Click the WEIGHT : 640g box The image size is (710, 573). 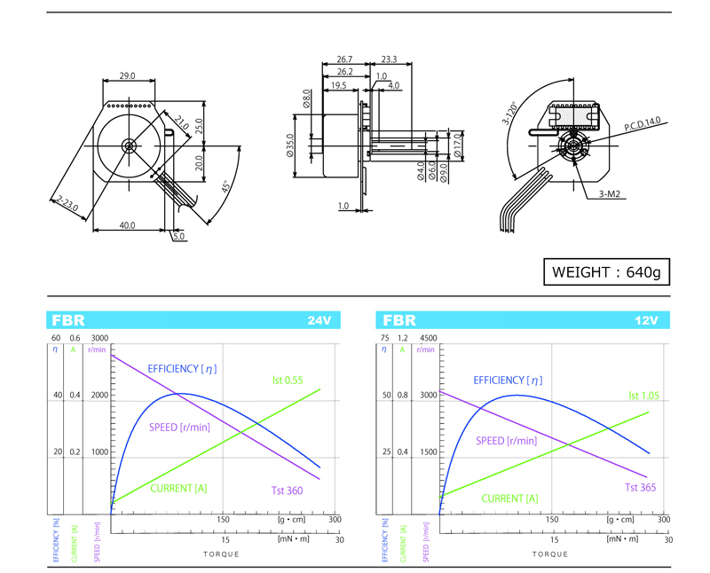click(x=606, y=271)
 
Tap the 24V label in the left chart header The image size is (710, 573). click(x=319, y=320)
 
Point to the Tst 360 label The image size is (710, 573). click(x=288, y=491)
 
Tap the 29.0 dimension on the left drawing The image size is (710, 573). click(x=127, y=76)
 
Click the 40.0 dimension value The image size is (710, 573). click(x=127, y=225)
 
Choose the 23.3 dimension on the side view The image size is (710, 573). click(x=388, y=60)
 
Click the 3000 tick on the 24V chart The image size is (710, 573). click(x=99, y=338)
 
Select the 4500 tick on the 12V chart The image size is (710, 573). click(x=429, y=338)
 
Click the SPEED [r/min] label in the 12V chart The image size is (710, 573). click(x=506, y=441)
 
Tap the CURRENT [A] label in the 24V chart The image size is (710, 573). click(x=178, y=488)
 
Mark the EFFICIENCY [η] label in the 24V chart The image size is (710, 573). click(x=182, y=368)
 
